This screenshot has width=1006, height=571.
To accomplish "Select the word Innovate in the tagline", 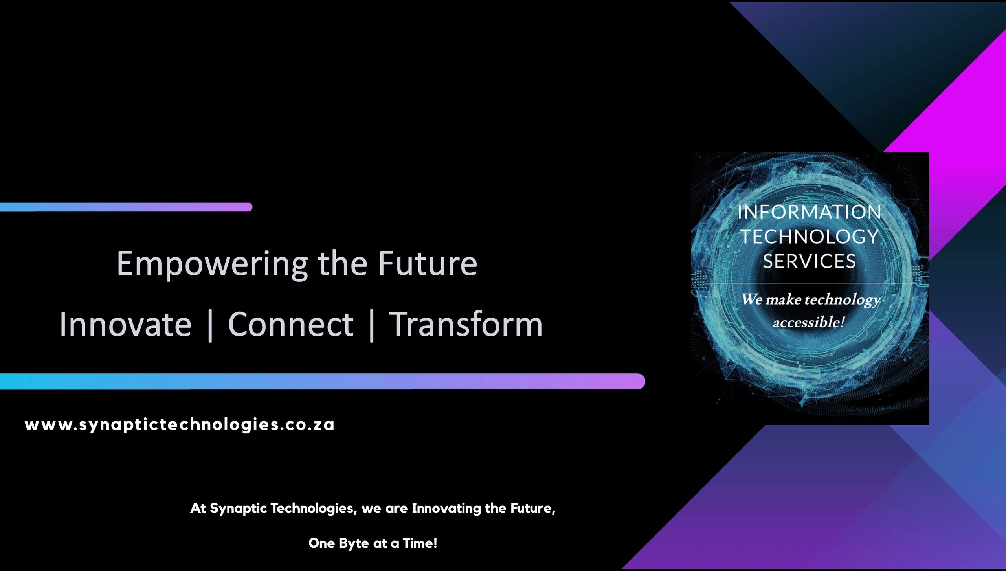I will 125,325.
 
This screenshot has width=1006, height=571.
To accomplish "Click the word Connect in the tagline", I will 291,325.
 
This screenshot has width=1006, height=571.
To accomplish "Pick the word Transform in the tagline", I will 466,325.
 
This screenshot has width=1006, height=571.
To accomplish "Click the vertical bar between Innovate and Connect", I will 210,325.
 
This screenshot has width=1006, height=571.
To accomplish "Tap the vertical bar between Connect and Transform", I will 372,325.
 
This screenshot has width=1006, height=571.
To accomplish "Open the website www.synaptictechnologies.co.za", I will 180,425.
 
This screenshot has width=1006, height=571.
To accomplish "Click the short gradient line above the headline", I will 126,207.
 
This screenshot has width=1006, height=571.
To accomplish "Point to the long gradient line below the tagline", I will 322,381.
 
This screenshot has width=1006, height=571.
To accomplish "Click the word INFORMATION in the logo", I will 809,213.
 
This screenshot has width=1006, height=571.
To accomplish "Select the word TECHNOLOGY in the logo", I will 809,237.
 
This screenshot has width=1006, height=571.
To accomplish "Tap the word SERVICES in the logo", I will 809,262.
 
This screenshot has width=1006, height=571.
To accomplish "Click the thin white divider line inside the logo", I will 809,283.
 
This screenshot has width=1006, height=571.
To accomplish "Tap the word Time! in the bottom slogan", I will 420,543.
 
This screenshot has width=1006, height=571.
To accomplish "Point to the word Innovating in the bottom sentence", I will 446,509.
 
